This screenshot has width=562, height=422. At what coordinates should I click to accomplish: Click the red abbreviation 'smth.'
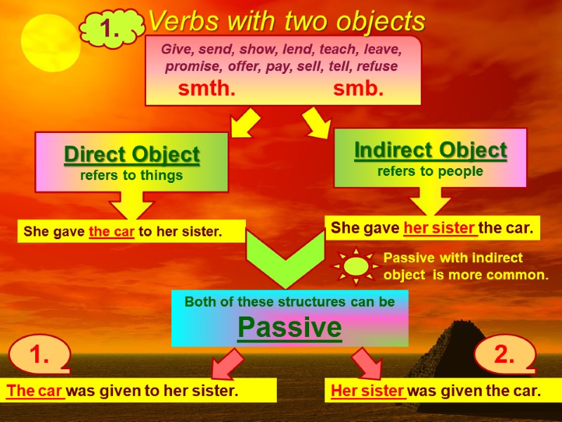pos(207,89)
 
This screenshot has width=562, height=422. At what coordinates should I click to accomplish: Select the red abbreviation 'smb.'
pos(358,89)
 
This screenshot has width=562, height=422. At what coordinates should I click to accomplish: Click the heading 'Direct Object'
pos(131,154)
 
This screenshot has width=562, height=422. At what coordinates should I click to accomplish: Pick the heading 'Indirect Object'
pos(430,150)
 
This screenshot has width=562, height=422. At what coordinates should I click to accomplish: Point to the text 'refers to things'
pos(131,176)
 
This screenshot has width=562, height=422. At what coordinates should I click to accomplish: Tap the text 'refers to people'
pos(430,171)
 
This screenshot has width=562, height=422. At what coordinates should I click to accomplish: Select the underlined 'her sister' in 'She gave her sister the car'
pos(440,228)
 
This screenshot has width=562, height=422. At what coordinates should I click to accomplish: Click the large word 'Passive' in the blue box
pos(289,327)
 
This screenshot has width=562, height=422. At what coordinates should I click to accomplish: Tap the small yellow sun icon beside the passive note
pos(356,266)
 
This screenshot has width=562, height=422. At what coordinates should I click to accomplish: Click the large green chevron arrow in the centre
pos(286,260)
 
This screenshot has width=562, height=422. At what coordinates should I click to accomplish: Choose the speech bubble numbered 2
pos(505,355)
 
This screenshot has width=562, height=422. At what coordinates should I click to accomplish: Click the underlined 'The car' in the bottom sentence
pos(35,391)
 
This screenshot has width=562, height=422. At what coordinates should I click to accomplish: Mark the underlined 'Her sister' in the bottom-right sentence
pos(368,391)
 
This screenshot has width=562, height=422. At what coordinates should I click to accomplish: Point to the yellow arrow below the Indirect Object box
pos(430,202)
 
